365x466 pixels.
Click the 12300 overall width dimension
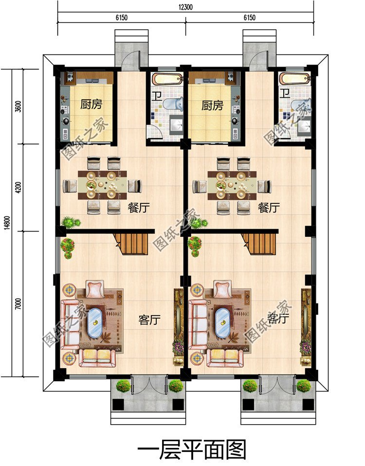[x=185, y=7]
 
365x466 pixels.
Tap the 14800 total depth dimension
[x=8, y=223]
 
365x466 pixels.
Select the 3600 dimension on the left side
[x=18, y=107]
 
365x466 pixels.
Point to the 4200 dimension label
[x=18, y=188]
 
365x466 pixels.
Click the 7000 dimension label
[x=18, y=304]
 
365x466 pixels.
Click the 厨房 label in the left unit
[x=91, y=104]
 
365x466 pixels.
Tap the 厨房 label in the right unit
[x=212, y=106]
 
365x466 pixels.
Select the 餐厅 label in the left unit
[x=139, y=207]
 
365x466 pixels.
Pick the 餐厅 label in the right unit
[x=269, y=207]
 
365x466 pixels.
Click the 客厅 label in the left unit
[x=149, y=320]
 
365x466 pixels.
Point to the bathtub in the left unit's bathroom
[x=167, y=79]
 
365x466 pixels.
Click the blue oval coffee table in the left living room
[x=94, y=323]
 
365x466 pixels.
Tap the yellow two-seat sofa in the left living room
[x=97, y=358]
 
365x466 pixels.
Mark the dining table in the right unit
[x=232, y=185]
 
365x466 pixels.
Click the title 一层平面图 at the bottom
[x=192, y=449]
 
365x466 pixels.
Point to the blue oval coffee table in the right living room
[x=222, y=323]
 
